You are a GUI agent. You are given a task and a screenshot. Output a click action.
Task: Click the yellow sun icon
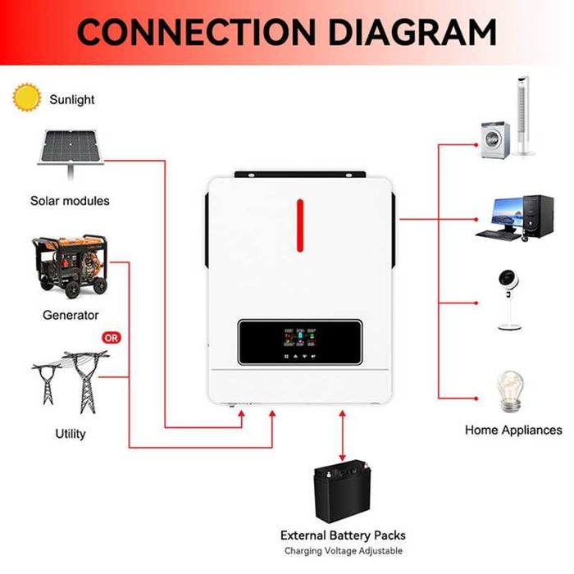pos(25,98)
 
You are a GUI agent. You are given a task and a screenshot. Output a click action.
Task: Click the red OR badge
pos(112,337)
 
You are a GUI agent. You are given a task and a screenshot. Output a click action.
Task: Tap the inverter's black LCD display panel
pos(301,342)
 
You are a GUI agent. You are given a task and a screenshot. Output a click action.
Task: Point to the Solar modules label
pos(70,200)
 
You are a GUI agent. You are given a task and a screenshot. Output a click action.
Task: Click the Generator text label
pos(71,315)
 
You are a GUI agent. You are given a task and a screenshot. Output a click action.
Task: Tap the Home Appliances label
pos(513,430)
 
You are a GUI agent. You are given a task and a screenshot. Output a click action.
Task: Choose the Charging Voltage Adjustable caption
pos(343,551)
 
